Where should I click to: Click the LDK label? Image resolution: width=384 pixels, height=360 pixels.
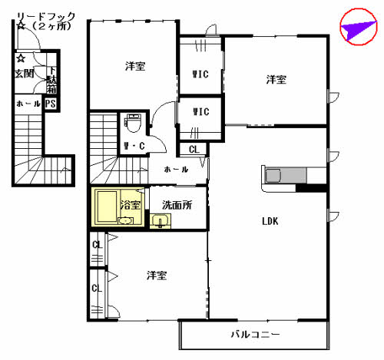(270, 222)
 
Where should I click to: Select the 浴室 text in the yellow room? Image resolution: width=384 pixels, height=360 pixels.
(131, 205)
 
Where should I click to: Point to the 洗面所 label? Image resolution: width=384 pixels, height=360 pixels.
(176, 205)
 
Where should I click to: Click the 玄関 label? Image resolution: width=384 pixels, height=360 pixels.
(24, 74)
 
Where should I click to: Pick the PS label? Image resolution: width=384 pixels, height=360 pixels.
(51, 104)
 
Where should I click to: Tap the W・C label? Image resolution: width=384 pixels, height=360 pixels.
(134, 146)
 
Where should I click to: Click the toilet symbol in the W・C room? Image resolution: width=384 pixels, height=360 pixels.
(134, 123)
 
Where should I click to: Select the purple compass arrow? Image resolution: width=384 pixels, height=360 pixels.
(356, 29)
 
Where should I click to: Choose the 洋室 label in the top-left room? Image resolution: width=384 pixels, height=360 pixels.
(135, 66)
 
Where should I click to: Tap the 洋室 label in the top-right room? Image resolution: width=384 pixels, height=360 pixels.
(276, 79)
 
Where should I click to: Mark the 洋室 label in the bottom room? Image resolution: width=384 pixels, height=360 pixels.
(157, 275)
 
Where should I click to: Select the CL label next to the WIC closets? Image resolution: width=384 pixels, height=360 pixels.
(194, 150)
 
